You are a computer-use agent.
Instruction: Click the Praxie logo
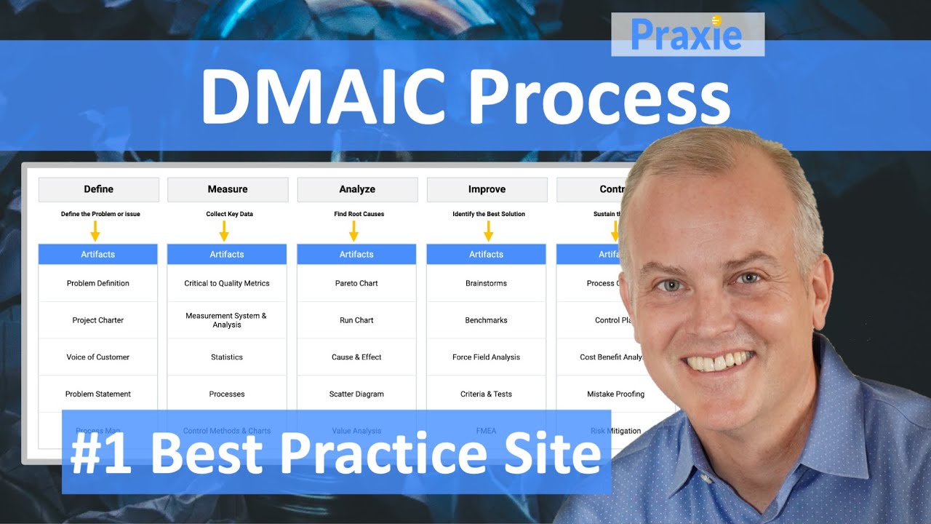(x=687, y=34)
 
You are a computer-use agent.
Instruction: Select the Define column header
(x=98, y=189)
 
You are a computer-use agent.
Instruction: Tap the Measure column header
(x=228, y=189)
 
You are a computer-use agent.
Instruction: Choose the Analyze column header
(x=357, y=189)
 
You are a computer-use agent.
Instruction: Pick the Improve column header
(x=487, y=189)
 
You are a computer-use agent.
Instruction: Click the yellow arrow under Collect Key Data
(x=224, y=231)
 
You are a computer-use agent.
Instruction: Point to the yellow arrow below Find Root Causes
(x=353, y=231)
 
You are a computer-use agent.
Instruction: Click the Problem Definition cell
(x=98, y=283)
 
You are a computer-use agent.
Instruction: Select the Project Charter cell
(x=98, y=320)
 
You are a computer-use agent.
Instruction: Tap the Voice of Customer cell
(x=98, y=357)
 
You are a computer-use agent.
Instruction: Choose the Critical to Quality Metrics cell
(x=227, y=283)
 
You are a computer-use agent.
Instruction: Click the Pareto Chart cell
(x=356, y=283)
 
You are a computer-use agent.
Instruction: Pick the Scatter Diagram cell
(x=356, y=394)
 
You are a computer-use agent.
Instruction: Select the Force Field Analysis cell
(x=486, y=357)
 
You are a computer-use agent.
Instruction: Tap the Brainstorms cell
(x=486, y=283)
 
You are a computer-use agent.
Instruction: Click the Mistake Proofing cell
(x=615, y=394)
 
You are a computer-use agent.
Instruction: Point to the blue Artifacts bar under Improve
(x=486, y=254)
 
